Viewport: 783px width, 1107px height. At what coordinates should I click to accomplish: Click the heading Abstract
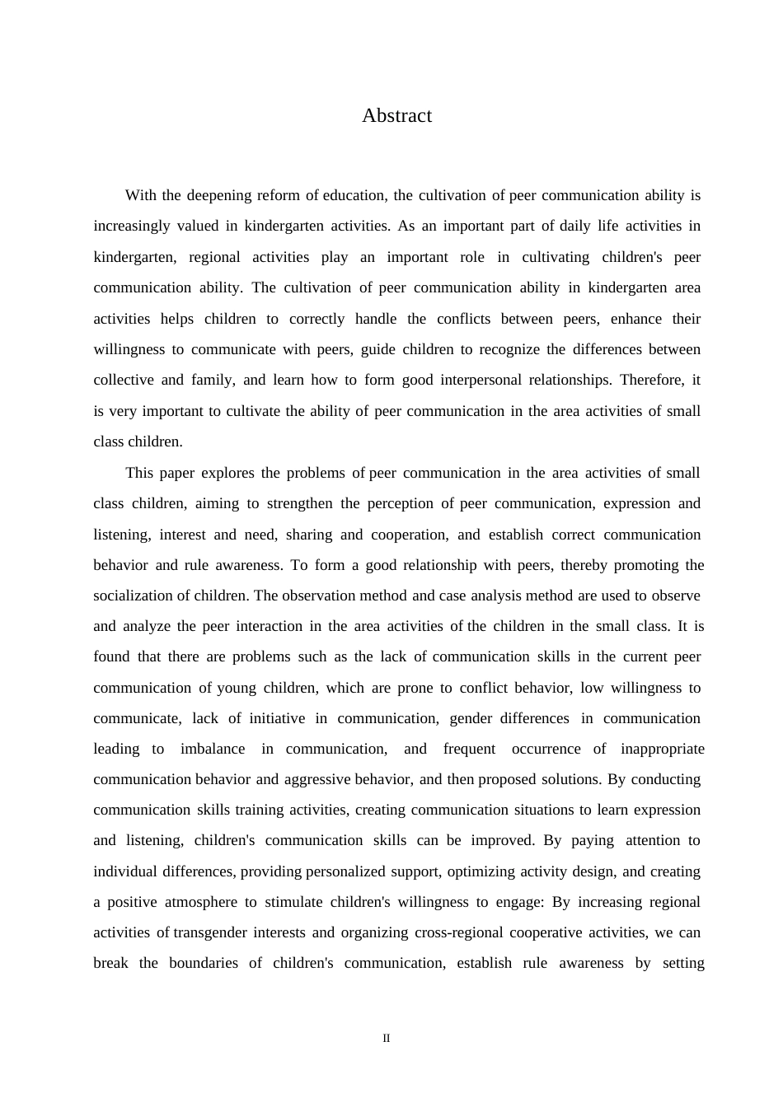click(x=396, y=116)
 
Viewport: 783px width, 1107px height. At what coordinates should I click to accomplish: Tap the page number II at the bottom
click(x=387, y=1039)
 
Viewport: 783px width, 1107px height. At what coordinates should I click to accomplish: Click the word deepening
click(x=219, y=196)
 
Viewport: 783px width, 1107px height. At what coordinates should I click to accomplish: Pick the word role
click(x=472, y=257)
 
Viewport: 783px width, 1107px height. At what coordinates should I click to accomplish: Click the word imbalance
click(x=213, y=749)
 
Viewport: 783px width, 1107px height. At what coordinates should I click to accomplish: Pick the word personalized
click(x=345, y=871)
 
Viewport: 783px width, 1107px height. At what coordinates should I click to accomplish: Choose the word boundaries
click(x=204, y=964)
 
